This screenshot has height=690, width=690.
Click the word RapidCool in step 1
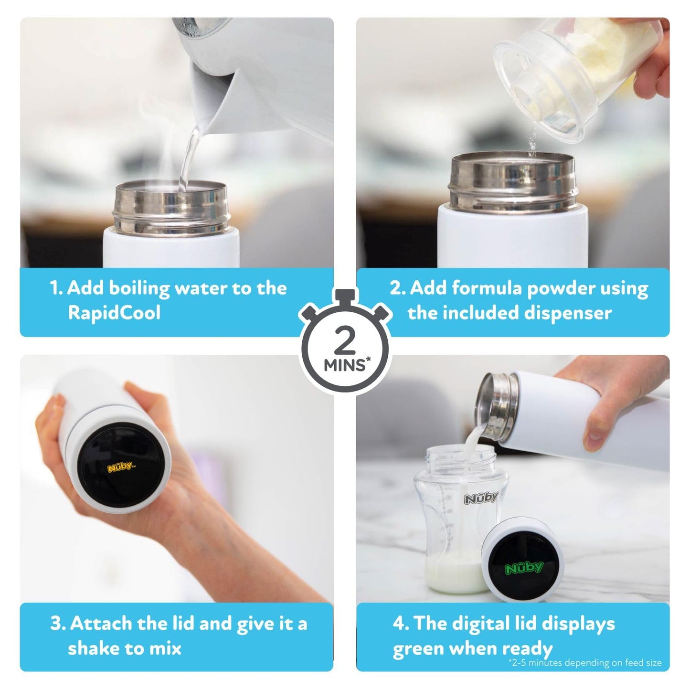click(114, 313)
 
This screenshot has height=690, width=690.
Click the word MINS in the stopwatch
click(344, 365)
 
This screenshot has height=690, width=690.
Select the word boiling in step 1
click(139, 289)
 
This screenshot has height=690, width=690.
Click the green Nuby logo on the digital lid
click(524, 568)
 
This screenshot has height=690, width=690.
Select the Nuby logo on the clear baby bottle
click(480, 498)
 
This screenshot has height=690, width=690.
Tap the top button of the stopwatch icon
click(344, 296)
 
